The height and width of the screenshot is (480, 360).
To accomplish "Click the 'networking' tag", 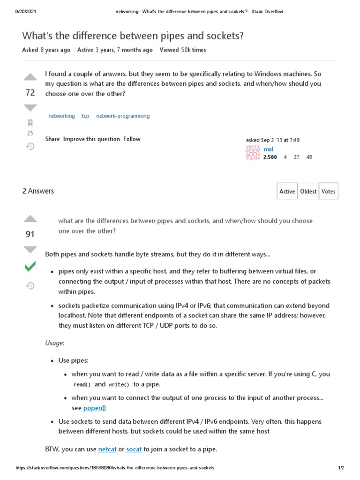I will [x=61, y=116].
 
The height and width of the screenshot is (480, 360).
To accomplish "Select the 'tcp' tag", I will [x=85, y=116].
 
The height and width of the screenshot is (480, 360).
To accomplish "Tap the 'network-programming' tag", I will [x=123, y=116].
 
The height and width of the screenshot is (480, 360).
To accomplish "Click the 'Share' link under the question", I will [x=52, y=139].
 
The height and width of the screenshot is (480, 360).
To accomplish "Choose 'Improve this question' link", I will [x=91, y=139].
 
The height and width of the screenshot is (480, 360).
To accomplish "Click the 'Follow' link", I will [x=132, y=139].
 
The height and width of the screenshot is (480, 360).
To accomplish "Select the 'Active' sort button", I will [x=287, y=191].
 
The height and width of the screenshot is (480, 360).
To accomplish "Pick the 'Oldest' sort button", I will [x=308, y=191].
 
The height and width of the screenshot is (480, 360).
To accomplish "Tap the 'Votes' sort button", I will [x=328, y=191].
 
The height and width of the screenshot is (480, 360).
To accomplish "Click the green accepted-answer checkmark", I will [x=30, y=267].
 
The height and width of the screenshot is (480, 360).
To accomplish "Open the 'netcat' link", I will [x=107, y=449].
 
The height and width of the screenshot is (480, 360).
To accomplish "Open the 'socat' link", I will [x=134, y=449].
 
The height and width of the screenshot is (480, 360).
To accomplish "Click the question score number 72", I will [x=30, y=93].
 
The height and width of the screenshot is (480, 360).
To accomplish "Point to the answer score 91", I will [x=30, y=234].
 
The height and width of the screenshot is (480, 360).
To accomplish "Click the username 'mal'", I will [x=269, y=149].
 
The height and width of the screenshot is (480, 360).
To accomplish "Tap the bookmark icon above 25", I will [x=30, y=123].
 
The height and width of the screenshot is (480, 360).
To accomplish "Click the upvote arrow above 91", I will [x=30, y=218].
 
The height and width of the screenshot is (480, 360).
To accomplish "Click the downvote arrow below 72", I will [x=30, y=108].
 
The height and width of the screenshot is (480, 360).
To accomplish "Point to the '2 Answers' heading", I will [x=38, y=191].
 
